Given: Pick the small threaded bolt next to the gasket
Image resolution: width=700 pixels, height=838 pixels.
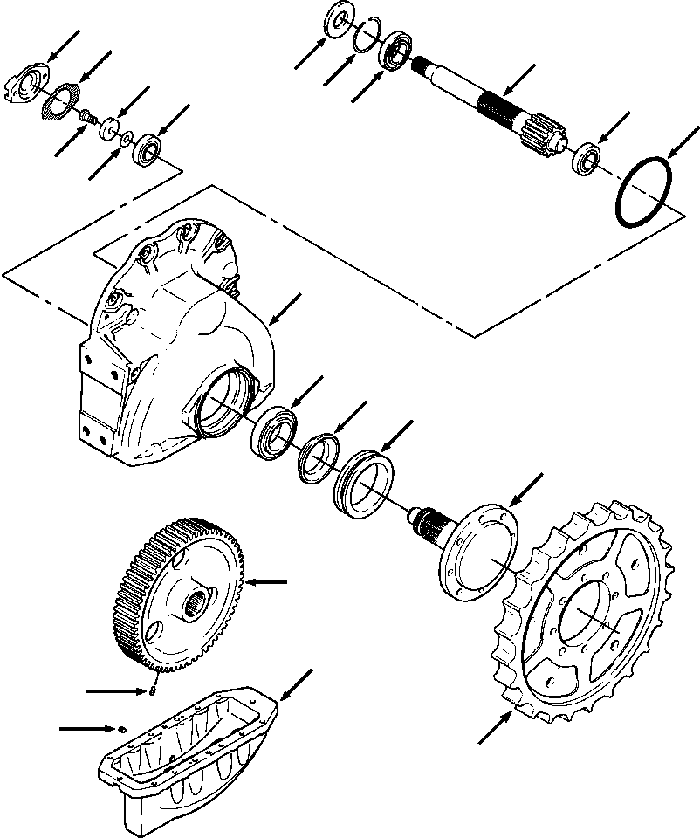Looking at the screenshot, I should tap(86, 116).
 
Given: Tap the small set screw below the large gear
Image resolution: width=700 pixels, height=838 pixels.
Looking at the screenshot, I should tap(152, 693).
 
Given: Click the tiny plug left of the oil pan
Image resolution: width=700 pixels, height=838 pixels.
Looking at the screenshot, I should tap(121, 727).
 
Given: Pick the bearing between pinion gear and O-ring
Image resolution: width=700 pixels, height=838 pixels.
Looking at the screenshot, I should tap(587, 159).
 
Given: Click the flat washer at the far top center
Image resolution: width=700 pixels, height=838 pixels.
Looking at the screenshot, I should tap(335, 22).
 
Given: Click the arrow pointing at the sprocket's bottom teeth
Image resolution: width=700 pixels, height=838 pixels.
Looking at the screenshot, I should tap(494, 728).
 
